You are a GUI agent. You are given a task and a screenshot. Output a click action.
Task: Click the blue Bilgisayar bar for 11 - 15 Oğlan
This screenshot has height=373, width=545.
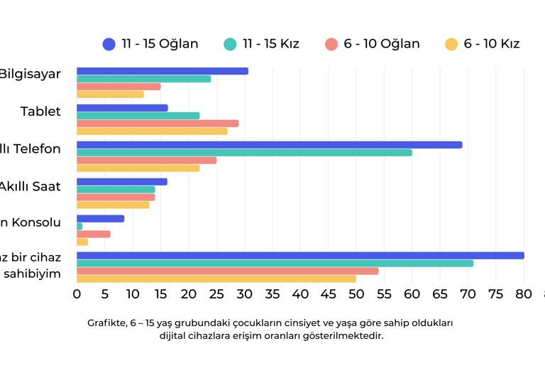(x=163, y=71)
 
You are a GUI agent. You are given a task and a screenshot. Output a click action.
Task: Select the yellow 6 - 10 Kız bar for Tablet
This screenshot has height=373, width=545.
(x=152, y=131)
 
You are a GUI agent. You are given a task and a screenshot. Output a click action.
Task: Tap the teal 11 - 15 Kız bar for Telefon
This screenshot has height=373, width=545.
(x=244, y=152)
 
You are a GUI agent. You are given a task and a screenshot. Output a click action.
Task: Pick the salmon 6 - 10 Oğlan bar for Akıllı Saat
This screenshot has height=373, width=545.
(x=116, y=197)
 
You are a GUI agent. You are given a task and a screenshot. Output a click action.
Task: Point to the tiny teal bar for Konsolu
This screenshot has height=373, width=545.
(x=79, y=227)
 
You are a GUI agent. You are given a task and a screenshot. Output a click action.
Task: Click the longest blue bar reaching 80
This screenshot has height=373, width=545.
(x=300, y=256)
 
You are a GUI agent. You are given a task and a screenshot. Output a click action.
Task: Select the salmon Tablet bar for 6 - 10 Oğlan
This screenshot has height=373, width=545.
(x=158, y=123)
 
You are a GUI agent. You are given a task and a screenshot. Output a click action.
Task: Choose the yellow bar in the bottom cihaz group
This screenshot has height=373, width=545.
(x=216, y=279)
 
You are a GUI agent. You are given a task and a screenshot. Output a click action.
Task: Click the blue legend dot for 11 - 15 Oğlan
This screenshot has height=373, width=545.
(x=109, y=44)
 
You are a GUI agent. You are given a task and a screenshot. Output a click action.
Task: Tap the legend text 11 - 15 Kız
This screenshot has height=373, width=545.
(x=270, y=44)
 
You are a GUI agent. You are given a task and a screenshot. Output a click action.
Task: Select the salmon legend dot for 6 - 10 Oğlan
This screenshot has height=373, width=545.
(x=331, y=44)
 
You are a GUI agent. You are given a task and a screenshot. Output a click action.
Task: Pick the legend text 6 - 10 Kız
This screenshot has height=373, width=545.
(x=492, y=44)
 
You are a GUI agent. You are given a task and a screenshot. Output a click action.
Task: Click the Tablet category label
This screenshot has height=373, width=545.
(x=40, y=112)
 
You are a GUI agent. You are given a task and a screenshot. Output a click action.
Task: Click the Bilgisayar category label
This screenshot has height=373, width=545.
(x=30, y=74)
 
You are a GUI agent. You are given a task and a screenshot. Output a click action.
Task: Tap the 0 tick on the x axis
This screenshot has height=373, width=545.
(x=77, y=293)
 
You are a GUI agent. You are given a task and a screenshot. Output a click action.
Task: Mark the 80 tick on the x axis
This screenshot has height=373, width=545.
(x=524, y=293)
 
